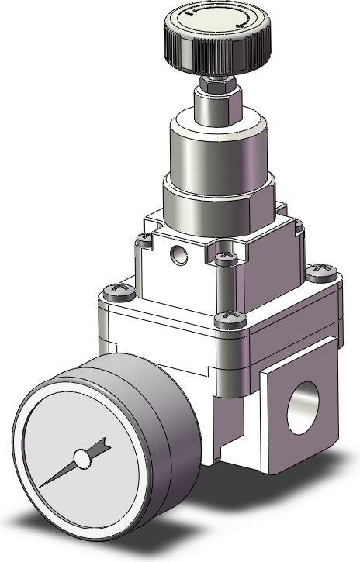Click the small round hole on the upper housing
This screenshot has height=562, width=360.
[180, 252]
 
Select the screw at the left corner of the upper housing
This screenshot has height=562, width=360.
[142, 240]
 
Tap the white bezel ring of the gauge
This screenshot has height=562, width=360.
[31, 434]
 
